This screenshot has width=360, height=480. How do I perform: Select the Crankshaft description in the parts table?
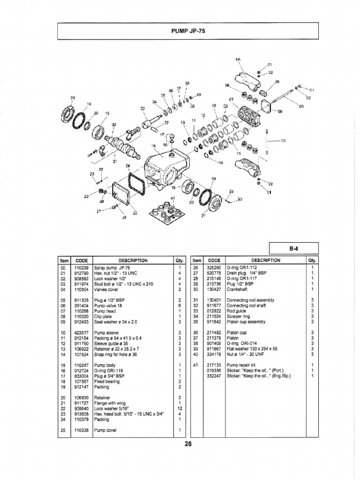pos(239,289)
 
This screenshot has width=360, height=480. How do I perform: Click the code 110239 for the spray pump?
pos(82,267)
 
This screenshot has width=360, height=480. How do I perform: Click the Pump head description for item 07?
pos(106,311)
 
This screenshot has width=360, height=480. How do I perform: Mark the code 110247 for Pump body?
pos(82,365)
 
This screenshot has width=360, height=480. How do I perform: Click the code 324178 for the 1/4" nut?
pos(214,354)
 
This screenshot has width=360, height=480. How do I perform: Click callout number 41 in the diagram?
pos(172,198)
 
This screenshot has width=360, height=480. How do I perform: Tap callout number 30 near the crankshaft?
pos(114,125)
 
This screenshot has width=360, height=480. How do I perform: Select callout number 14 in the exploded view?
pos(222,163)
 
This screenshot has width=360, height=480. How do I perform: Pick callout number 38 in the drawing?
pos(187,83)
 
